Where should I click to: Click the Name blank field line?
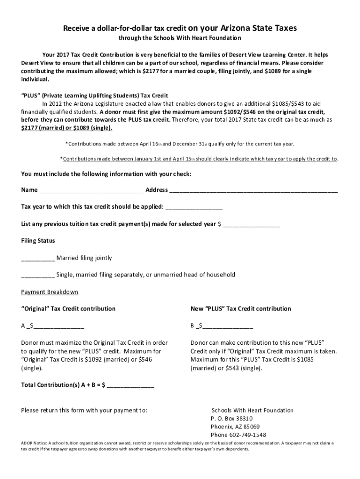[x=92, y=191]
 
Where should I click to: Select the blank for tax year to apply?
[x=194, y=207]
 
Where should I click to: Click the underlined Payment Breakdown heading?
[x=50, y=292]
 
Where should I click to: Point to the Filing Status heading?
[x=38, y=241]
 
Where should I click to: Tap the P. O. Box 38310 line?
[x=231, y=419]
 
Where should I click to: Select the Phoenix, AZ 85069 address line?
[x=235, y=427]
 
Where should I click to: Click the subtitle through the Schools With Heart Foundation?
[x=180, y=38]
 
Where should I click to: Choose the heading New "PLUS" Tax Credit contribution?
[x=241, y=309]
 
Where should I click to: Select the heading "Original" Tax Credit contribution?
[x=68, y=309]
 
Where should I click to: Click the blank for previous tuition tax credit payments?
[x=252, y=225]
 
